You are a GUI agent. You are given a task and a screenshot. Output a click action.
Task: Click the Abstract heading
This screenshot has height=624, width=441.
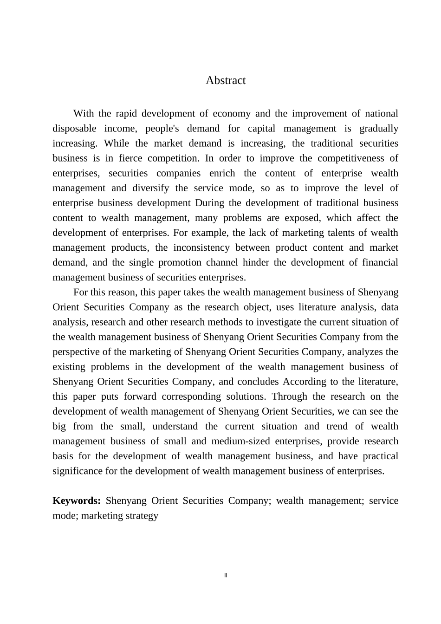tap(226, 80)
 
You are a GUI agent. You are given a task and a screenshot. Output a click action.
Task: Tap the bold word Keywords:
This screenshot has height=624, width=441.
tap(77, 500)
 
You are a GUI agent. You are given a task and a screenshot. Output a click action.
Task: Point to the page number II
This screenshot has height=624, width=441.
tap(226, 575)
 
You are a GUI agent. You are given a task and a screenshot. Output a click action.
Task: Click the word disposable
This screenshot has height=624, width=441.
tap(74, 129)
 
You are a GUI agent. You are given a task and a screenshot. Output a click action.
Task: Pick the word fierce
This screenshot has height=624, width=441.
tap(130, 158)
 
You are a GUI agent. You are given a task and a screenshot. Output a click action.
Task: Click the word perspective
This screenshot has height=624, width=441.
tap(75, 352)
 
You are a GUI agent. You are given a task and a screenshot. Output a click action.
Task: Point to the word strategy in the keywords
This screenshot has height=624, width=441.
tap(143, 515)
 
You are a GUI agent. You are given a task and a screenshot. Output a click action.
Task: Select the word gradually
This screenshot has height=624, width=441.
tap(379, 129)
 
